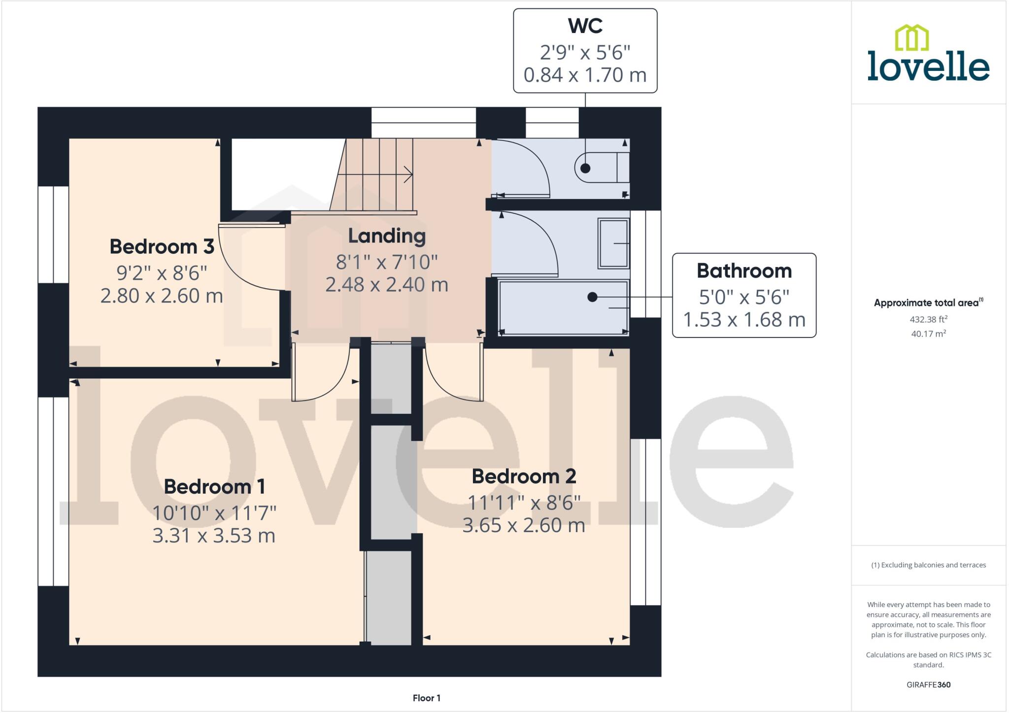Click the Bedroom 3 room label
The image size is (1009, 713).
tap(162, 246)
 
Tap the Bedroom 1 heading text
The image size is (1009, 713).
tap(214, 486)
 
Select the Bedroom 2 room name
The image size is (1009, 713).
tap(524, 476)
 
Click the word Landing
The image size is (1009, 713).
tap(387, 236)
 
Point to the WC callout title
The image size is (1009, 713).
tap(585, 26)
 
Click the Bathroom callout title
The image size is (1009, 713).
tap(744, 271)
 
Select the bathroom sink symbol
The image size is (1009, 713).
tap(613, 243)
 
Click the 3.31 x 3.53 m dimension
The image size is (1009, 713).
tap(214, 536)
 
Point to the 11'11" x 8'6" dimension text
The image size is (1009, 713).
tap(524, 503)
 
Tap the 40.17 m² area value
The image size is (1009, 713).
tap(928, 334)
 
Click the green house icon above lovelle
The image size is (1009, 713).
tap(911, 38)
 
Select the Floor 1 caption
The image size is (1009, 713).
tap(426, 698)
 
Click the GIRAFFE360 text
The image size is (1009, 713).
tap(928, 684)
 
